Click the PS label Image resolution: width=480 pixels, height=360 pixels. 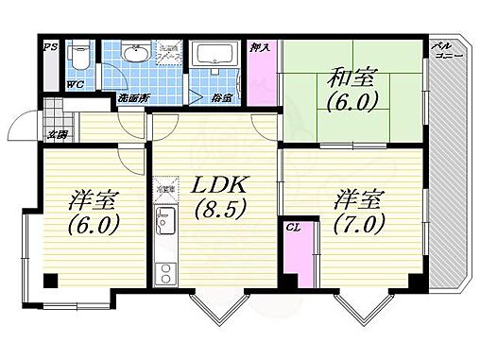click(x=47, y=44)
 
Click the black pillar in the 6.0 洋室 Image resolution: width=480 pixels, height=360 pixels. click(x=49, y=279)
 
